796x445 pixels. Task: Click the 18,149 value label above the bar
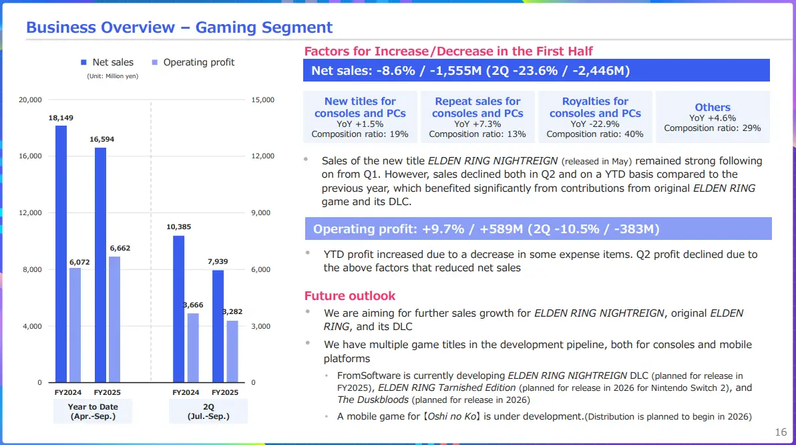(x=61, y=118)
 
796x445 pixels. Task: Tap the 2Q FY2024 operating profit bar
(x=192, y=347)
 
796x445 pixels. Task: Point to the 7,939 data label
(x=218, y=262)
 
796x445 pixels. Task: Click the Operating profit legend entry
(x=194, y=62)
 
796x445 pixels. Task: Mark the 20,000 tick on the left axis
(x=31, y=100)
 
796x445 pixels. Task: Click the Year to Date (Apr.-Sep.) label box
(x=92, y=411)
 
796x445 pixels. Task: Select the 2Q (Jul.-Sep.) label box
(x=208, y=411)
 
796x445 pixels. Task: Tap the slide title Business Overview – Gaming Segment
(x=179, y=27)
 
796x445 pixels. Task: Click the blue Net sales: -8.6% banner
(x=536, y=70)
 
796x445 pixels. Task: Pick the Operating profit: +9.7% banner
(x=538, y=229)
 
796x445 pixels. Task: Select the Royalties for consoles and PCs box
(x=595, y=117)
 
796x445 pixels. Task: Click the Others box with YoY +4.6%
(x=712, y=117)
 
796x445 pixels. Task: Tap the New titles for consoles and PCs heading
(x=360, y=107)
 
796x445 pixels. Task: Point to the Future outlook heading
(x=350, y=295)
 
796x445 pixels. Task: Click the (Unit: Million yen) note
(x=112, y=76)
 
